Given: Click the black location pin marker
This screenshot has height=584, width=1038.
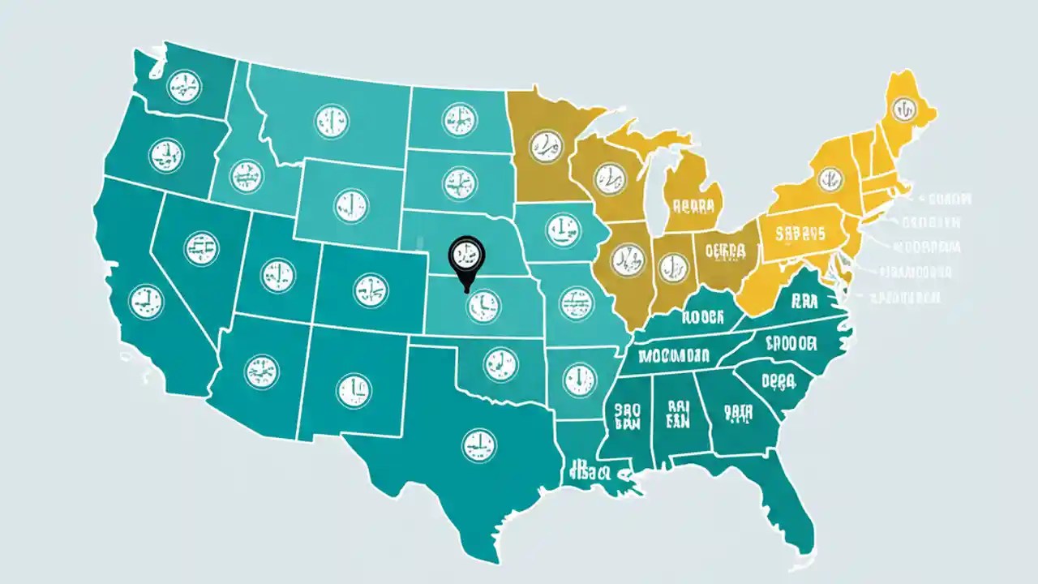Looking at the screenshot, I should [465, 253].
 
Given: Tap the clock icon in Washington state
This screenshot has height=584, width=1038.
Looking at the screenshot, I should [184, 86].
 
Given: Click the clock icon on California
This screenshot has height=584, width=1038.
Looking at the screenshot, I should [146, 300].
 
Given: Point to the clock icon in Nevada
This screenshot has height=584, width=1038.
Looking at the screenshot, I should [201, 248].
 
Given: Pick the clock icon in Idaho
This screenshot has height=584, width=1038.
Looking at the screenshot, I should [247, 176].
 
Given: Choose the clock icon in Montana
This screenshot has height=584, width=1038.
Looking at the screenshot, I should [331, 120].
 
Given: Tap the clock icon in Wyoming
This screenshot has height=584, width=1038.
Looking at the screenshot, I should [351, 206].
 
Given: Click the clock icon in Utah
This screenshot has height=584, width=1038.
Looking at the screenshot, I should [278, 276].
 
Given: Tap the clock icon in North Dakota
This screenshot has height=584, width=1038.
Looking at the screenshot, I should [460, 120].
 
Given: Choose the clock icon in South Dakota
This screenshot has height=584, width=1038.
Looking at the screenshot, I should [460, 182].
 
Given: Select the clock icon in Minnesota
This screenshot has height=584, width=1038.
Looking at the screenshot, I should [545, 148].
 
